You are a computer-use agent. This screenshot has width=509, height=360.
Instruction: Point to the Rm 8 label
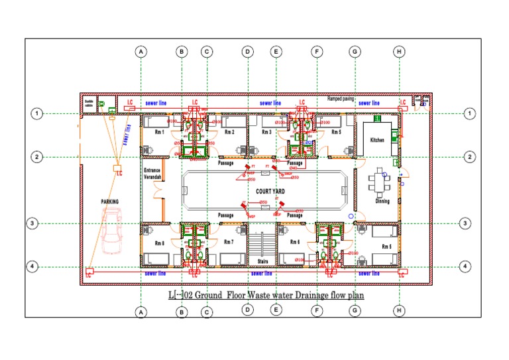click(x=159, y=243)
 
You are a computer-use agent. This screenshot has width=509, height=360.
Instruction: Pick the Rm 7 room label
click(x=229, y=243)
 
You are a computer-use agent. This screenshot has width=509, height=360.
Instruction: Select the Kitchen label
click(x=377, y=141)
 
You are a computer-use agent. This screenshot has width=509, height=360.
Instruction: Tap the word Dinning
click(x=382, y=201)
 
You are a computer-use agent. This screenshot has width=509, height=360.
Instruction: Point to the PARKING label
click(x=109, y=201)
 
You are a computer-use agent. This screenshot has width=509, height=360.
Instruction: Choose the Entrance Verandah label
click(x=153, y=173)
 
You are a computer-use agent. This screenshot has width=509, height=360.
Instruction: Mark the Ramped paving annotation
click(x=341, y=99)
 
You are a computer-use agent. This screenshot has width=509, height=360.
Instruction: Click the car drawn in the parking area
click(x=111, y=230)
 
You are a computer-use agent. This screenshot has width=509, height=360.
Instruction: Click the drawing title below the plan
click(x=265, y=294)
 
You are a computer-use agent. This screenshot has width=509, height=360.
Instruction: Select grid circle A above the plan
click(x=140, y=51)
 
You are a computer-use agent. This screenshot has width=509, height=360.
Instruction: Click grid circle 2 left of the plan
click(x=36, y=157)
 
